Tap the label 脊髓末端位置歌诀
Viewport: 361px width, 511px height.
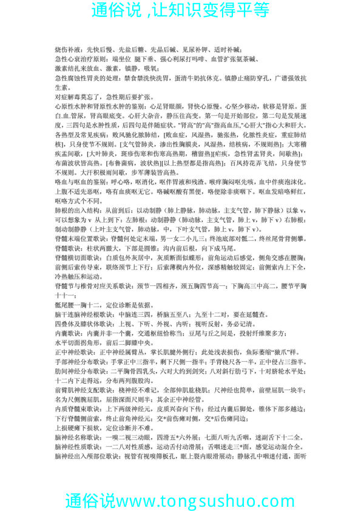coord(77,271)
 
